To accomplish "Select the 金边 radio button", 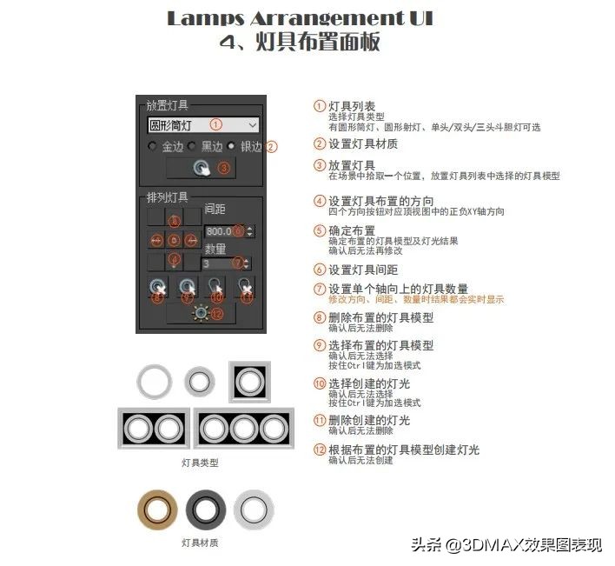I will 154,146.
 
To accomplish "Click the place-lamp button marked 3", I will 202,168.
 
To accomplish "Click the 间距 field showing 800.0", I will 223,231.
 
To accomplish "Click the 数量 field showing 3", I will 222,263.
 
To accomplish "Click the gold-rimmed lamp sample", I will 158,508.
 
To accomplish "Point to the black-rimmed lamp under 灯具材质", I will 206,508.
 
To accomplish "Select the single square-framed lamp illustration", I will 248,382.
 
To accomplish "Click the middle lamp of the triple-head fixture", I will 246,428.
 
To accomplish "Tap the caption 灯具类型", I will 200,463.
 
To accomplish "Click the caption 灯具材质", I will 200,543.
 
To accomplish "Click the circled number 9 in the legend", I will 320,345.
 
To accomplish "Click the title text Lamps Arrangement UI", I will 299,18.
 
